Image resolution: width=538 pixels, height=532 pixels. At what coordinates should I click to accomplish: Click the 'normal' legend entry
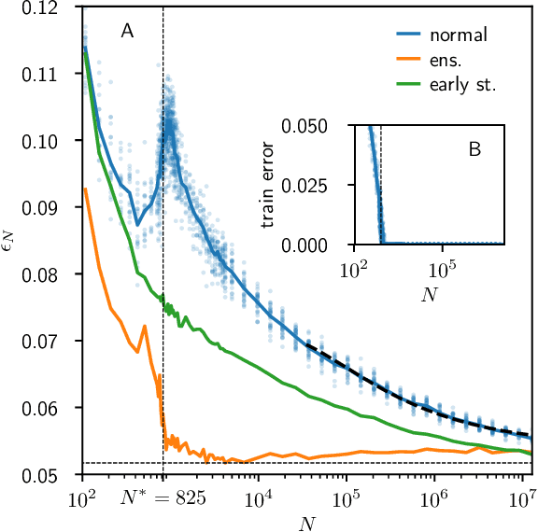pyautogui.click(x=459, y=36)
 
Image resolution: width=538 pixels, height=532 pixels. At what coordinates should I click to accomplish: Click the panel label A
pyautogui.click(x=127, y=32)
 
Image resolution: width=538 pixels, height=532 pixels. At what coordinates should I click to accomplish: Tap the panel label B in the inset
pyautogui.click(x=474, y=148)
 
